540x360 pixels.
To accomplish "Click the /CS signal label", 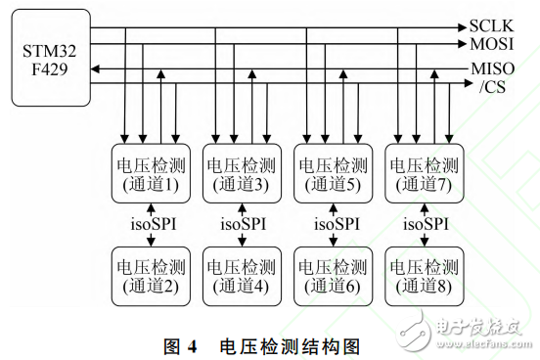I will tap(489, 86).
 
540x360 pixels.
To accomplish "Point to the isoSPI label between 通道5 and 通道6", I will tap(330, 224).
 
